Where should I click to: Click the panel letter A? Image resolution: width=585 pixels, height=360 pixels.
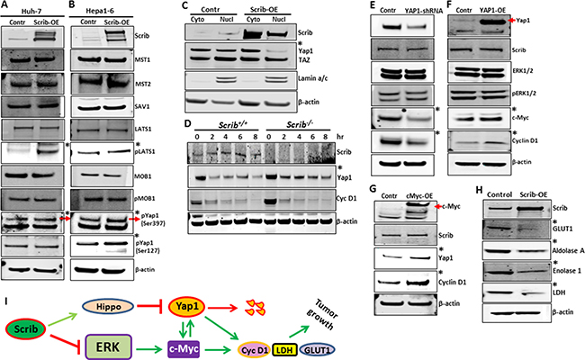5,6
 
